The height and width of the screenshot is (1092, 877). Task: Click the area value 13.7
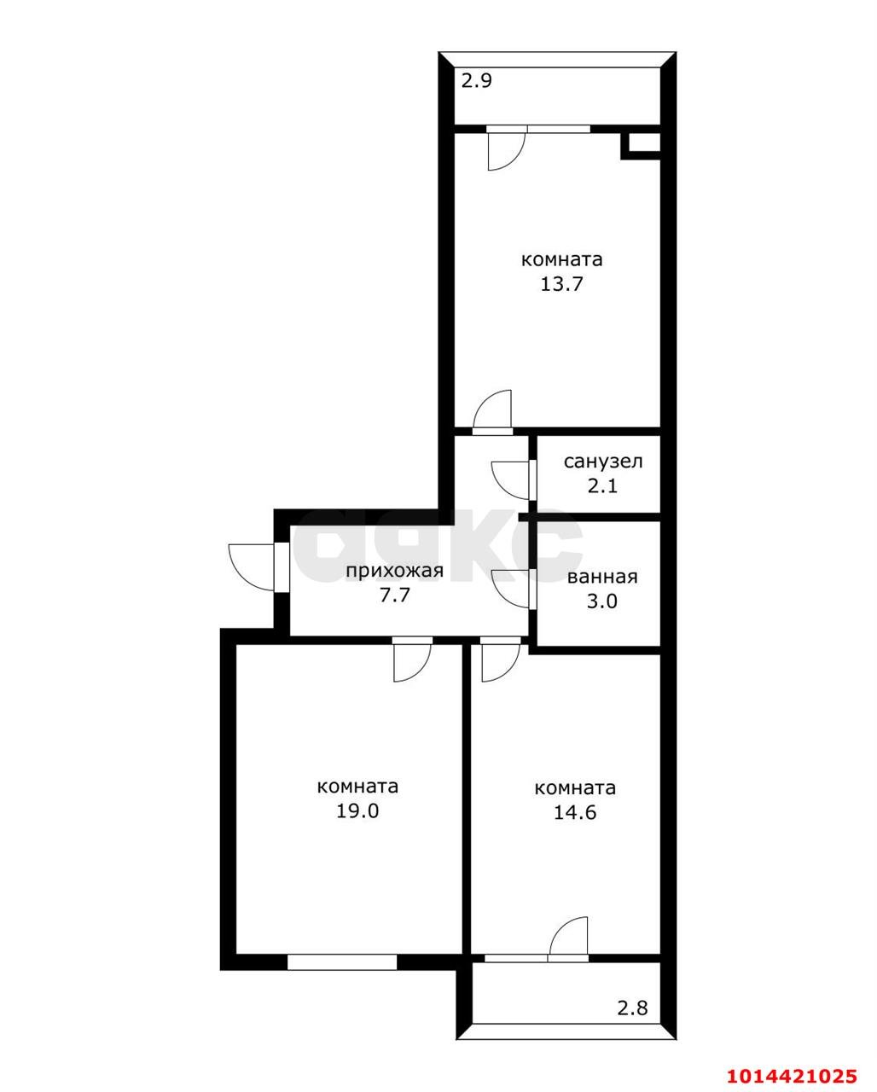pos(560,284)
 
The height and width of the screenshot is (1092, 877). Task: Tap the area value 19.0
pos(357,810)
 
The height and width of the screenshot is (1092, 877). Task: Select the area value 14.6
pos(575,812)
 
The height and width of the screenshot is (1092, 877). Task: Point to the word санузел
pos(603,462)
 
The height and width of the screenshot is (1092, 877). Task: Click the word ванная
pos(602,577)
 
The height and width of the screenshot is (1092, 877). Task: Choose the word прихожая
pos(394,571)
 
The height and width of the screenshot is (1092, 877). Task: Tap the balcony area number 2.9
pos(477,82)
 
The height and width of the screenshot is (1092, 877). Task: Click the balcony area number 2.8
pos(632,1008)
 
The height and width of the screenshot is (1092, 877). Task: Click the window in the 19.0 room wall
pos(342,961)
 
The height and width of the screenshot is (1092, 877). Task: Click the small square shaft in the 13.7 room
pos(640,144)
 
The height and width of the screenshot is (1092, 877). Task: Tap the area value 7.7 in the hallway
pos(395,595)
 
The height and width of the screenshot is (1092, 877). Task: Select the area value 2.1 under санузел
pos(602,486)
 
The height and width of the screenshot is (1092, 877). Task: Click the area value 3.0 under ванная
pos(602,601)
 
